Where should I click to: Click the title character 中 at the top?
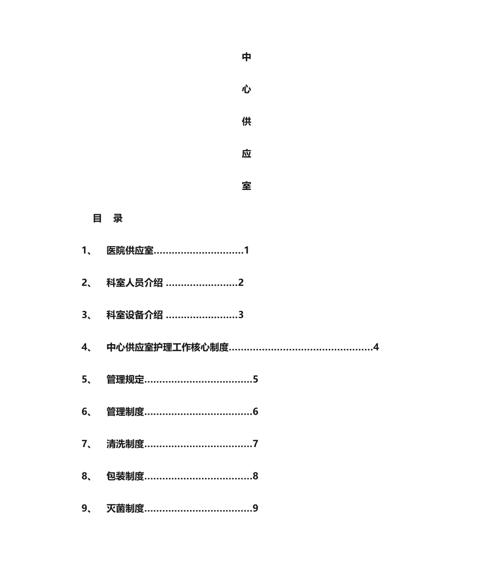246,57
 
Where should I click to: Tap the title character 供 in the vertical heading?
246,122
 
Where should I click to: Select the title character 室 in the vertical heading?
246,186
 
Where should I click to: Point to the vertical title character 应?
246,154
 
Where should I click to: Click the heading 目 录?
107,219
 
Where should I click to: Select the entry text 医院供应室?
130,251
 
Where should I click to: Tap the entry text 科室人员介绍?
134,283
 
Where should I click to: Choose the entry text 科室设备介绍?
134,315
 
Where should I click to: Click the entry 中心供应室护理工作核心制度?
168,347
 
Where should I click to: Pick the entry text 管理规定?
125,379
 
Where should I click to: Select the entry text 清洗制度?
125,444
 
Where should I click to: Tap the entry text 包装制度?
125,476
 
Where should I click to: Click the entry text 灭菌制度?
125,508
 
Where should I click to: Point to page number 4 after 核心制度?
376,347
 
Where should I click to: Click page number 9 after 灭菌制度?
255,508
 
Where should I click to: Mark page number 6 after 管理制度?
255,412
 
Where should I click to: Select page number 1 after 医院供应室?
247,251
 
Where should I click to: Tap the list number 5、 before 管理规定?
87,379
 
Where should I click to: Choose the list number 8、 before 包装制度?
87,476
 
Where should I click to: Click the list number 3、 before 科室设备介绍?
87,315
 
